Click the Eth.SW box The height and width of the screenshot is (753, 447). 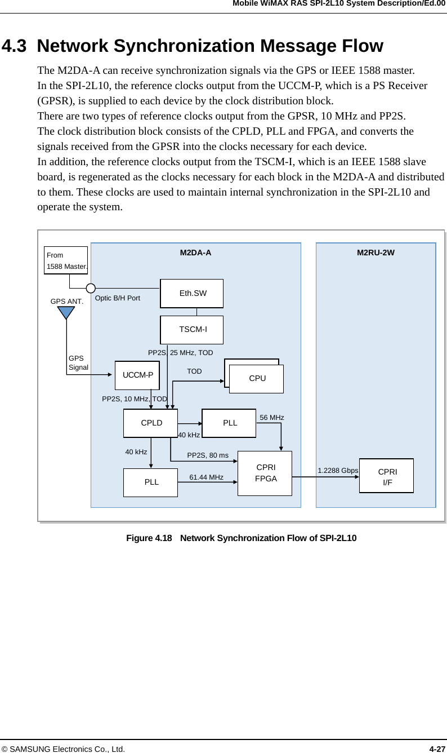[x=192, y=293]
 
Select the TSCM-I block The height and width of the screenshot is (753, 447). [x=192, y=330]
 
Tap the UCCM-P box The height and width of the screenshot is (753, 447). [x=137, y=375]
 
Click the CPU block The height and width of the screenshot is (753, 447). [x=257, y=379]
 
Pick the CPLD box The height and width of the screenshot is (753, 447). [x=151, y=423]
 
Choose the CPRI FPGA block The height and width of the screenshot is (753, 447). [x=265, y=473]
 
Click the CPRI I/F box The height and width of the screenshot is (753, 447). [x=387, y=476]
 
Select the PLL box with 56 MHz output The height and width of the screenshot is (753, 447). [x=229, y=423]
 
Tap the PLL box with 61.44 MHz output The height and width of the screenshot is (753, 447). [x=151, y=482]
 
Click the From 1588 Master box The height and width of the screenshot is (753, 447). [x=66, y=260]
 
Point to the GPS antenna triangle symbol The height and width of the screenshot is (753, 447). [x=66, y=312]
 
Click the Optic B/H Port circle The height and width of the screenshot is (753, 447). [x=91, y=289]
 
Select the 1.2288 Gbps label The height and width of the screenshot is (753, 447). [x=338, y=471]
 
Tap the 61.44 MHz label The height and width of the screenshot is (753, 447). [x=206, y=477]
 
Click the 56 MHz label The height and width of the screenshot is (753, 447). [x=272, y=418]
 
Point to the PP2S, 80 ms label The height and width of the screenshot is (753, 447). [x=208, y=455]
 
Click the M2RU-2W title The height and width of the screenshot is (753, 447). [x=376, y=253]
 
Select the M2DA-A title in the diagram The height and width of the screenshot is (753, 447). [x=196, y=253]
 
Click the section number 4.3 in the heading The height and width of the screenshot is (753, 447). [x=16, y=46]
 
